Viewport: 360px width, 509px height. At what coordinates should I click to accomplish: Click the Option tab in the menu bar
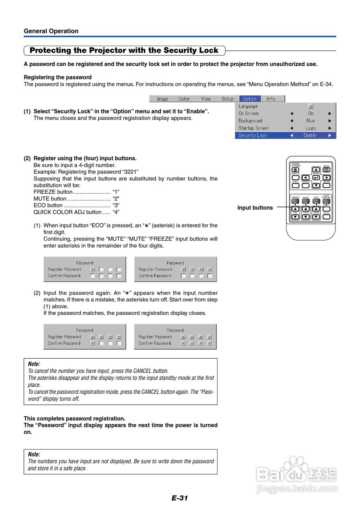[x=250, y=99]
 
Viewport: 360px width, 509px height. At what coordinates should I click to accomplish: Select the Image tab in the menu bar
[x=162, y=99]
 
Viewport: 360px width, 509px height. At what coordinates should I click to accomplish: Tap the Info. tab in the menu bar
[x=271, y=99]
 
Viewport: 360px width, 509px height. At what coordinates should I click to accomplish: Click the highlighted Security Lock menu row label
[x=253, y=135]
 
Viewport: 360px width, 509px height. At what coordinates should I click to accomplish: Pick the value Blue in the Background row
[x=310, y=120]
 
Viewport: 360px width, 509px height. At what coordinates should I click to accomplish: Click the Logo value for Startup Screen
[x=310, y=128]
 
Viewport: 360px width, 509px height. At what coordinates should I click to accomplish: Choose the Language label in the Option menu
[x=248, y=106]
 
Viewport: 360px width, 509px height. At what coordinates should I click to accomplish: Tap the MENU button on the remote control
[x=326, y=170]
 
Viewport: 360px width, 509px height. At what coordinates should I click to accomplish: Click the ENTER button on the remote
[x=316, y=178]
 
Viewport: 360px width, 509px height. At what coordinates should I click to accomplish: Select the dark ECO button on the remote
[x=316, y=201]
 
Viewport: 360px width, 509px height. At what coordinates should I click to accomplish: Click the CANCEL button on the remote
[x=306, y=185]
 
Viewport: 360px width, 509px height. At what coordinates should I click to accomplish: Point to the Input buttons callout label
[x=255, y=208]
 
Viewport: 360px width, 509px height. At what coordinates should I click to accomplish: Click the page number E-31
[x=180, y=498]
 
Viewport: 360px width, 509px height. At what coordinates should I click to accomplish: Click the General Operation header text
[x=51, y=31]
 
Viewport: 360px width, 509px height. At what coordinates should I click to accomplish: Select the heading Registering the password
[x=58, y=77]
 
